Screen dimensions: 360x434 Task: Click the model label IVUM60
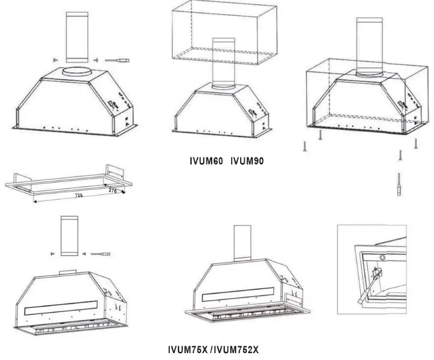pyautogui.click(x=206, y=161)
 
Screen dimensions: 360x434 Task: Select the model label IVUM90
pyautogui.click(x=247, y=161)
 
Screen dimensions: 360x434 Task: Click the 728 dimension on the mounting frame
pyautogui.click(x=78, y=196)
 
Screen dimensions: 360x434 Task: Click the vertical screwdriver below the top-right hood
pyautogui.click(x=399, y=184)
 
